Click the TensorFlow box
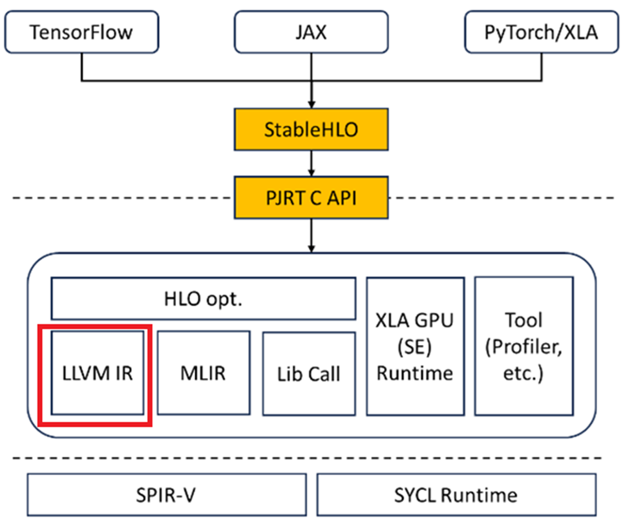tap(82, 32)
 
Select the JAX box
tap(311, 32)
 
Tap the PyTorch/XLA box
tap(541, 32)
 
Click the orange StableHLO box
tap(311, 129)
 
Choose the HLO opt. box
tap(204, 299)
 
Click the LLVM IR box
tap(97, 373)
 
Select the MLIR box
tap(204, 373)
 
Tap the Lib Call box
tap(309, 373)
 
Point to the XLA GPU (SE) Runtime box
tap(414, 346)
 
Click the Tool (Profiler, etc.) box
tap(524, 346)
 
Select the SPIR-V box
tap(167, 495)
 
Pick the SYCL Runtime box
tap(456, 495)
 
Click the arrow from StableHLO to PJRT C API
tap(311, 163)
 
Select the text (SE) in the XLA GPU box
tap(414, 346)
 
